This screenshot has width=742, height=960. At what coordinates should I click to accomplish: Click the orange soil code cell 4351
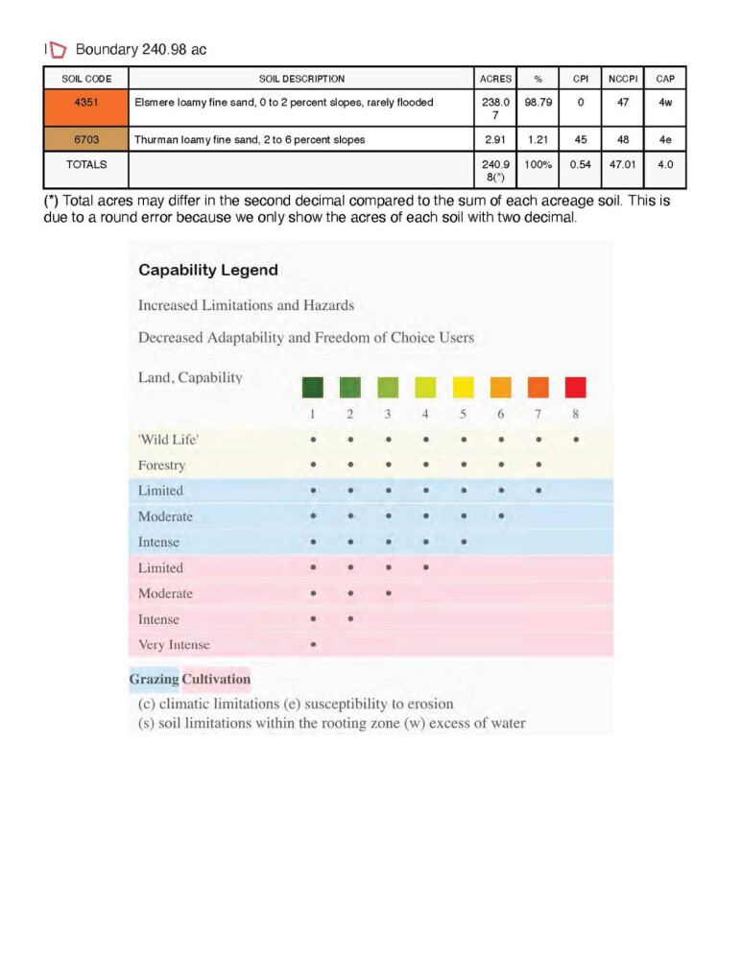(x=86, y=103)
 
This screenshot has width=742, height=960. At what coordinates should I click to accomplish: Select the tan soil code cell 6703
(x=86, y=139)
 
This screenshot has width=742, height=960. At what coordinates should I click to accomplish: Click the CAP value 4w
(x=665, y=103)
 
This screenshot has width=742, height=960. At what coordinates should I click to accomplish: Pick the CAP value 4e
(x=665, y=139)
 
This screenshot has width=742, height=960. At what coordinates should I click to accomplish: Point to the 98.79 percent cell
(x=538, y=103)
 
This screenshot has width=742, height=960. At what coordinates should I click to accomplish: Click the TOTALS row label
(x=86, y=164)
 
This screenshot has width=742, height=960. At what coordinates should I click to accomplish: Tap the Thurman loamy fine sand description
(x=250, y=139)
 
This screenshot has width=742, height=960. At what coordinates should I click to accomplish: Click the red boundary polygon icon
(x=58, y=49)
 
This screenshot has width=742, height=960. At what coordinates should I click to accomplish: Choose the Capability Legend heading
(x=208, y=270)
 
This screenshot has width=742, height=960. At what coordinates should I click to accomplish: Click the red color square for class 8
(x=575, y=387)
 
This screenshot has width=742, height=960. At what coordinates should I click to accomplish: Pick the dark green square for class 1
(x=313, y=387)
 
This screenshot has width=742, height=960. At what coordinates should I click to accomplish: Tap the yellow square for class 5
(x=463, y=387)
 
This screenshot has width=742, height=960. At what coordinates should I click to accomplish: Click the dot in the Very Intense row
(x=313, y=645)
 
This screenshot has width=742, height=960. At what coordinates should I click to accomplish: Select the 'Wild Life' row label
(x=168, y=440)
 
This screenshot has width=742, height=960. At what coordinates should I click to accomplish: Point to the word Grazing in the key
(x=154, y=680)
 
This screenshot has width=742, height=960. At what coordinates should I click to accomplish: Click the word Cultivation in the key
(x=216, y=680)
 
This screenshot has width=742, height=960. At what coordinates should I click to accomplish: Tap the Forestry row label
(x=162, y=466)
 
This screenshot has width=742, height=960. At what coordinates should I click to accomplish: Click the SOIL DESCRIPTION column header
(x=301, y=79)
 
